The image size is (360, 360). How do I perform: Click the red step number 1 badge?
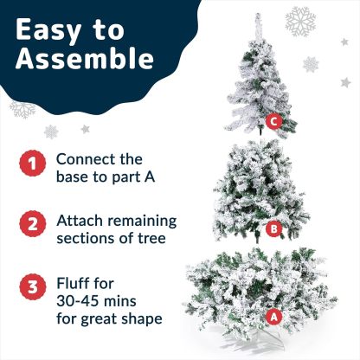click(33, 164)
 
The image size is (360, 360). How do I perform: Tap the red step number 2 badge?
click(33, 224)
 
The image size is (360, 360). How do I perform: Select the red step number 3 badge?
click(33, 286)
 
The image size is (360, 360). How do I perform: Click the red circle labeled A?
click(273, 317)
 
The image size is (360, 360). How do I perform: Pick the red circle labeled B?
click(273, 228)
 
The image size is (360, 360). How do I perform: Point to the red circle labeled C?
click(273, 121)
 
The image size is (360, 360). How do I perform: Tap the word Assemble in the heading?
click(85, 59)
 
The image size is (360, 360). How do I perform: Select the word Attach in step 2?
click(80, 221)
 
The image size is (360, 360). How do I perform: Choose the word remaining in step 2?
click(142, 222)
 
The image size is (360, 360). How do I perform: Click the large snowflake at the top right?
click(300, 22)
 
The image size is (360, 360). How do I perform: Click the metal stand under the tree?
click(254, 342)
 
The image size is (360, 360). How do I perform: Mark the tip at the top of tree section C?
click(258, 15)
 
